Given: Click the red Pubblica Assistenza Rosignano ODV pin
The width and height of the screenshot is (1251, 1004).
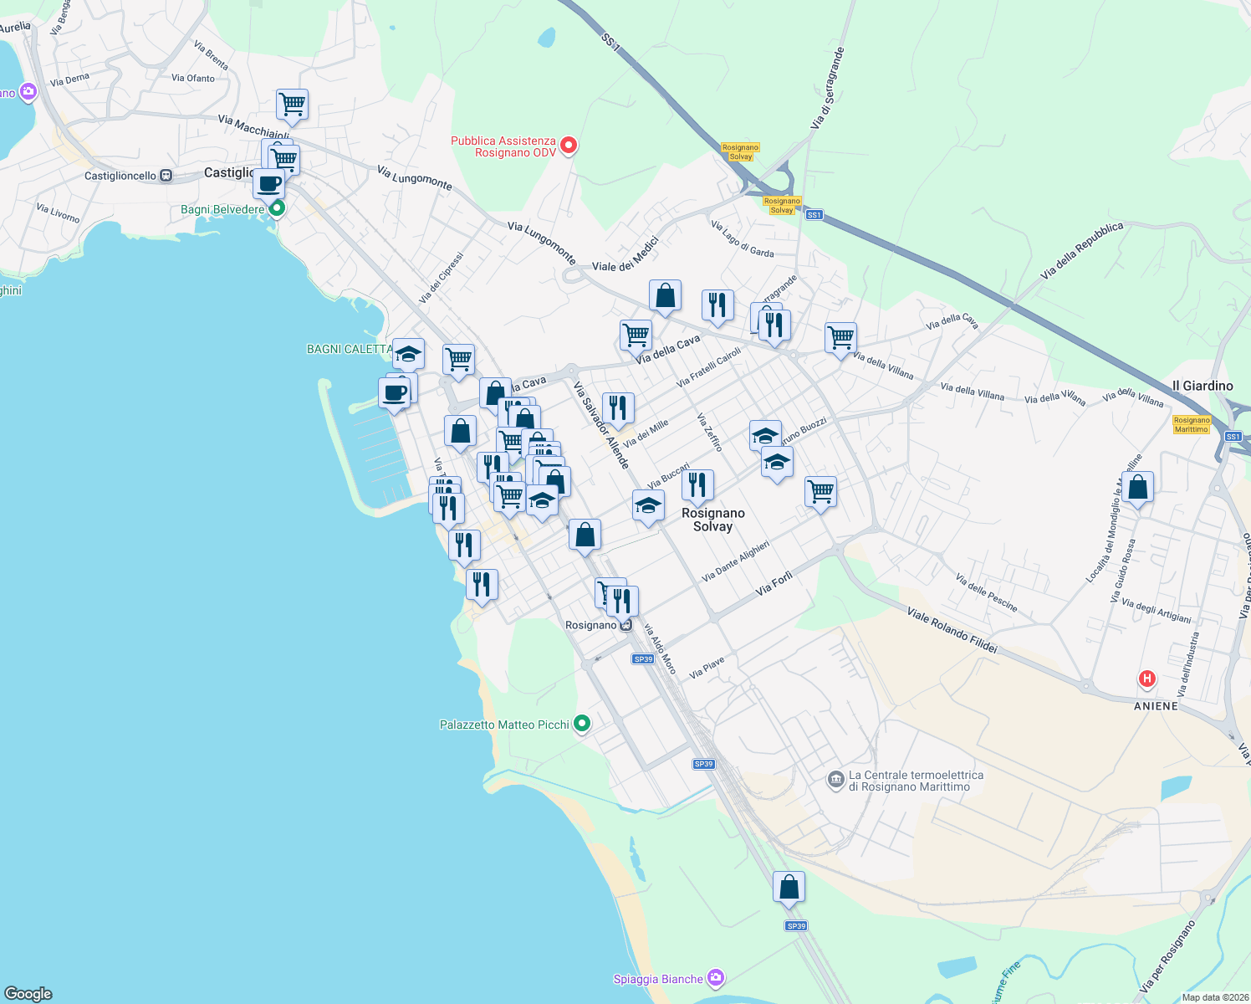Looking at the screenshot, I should pos(569,146).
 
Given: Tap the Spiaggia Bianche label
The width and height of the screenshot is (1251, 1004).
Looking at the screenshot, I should pos(658,979).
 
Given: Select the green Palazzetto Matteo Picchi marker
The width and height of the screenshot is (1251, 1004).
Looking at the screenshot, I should pos(583,724).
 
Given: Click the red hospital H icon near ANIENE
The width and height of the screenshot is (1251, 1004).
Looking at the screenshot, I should pos(1146,679).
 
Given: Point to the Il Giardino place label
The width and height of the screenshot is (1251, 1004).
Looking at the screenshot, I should pos(1202,386).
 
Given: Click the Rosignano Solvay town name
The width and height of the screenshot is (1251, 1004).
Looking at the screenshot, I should pos(712,520).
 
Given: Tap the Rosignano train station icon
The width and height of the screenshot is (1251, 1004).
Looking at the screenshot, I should pos(626,625).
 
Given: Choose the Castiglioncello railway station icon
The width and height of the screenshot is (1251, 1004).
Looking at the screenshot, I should pos(166,176).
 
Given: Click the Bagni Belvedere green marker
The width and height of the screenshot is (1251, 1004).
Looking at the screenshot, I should pos(278,208).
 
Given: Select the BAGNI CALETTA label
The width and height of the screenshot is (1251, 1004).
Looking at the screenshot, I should pos(350,349).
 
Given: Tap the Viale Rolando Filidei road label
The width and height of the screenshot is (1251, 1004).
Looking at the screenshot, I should pos(952,630).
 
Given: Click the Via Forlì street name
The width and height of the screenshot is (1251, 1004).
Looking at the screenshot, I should pos(774,583).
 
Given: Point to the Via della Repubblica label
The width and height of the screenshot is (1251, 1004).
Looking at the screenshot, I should pos(1081,250).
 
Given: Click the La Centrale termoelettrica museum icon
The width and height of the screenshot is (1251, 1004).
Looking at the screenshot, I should pos(835,780).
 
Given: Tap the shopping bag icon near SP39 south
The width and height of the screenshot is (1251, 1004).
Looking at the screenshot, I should pos(789,888).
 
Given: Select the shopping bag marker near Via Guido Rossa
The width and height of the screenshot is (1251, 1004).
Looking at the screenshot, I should pos(1137,487).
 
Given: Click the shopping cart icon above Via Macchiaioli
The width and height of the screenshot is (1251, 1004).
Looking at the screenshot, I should pos(292,105).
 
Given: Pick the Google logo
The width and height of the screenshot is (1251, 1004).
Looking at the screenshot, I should pos(28,994).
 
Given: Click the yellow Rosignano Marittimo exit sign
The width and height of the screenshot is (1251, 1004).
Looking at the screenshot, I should pos(1191,424).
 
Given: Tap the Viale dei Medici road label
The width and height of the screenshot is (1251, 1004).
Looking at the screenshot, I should pos(625,254).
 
